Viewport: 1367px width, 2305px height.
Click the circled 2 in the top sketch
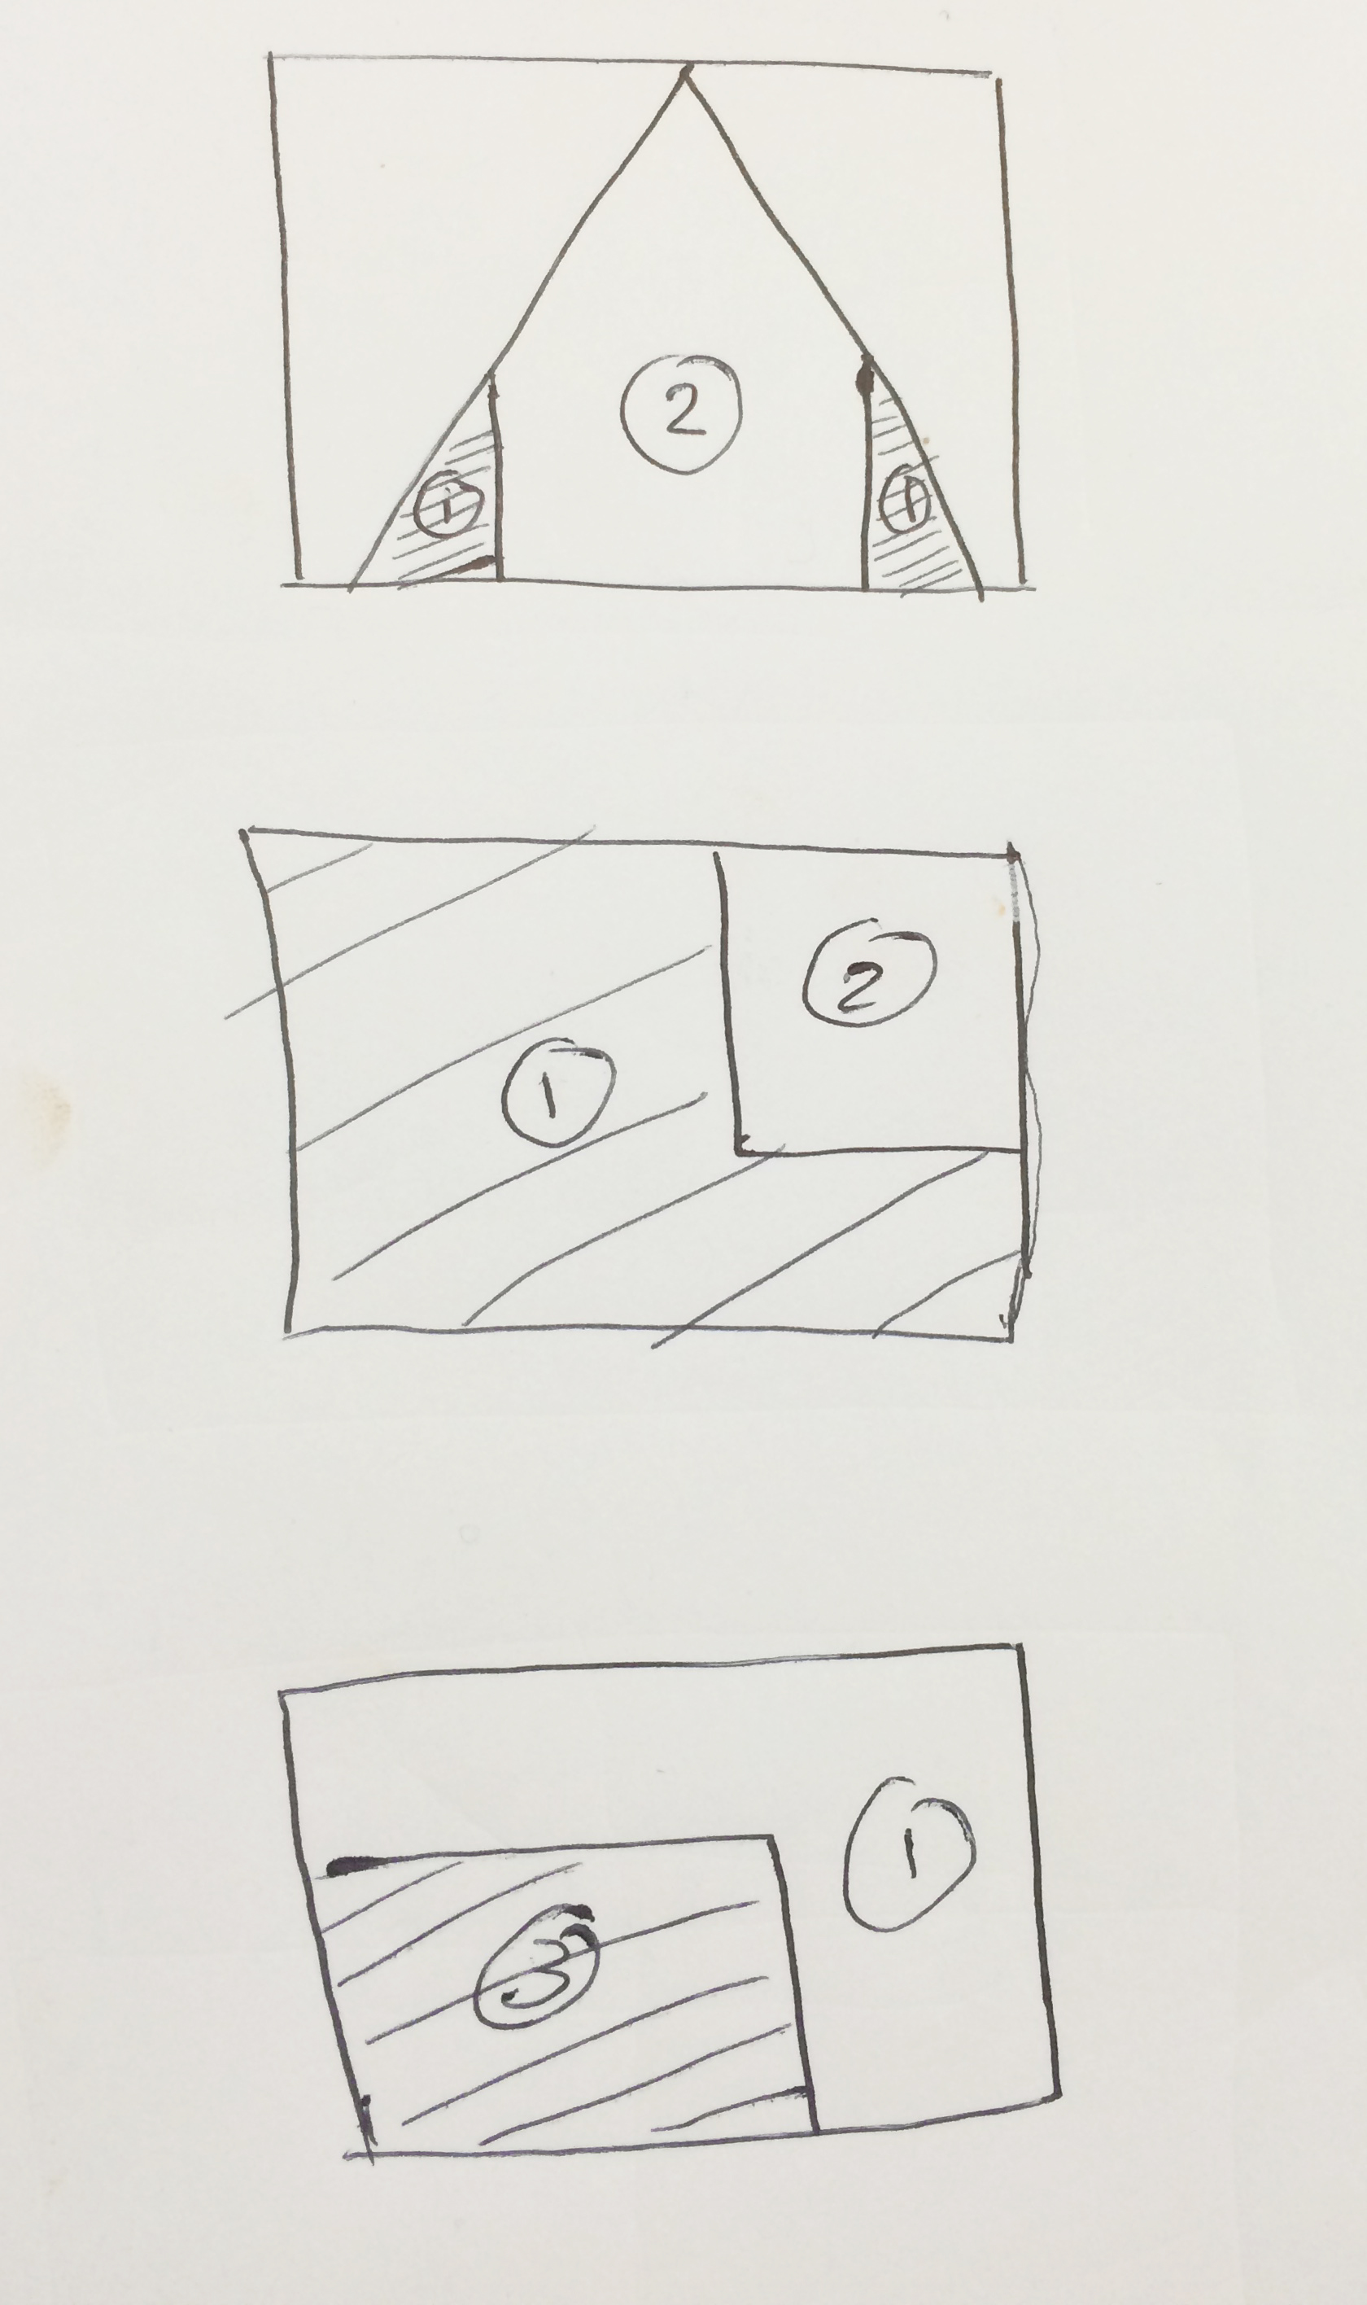tap(681, 414)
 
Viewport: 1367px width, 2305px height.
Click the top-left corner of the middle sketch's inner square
tap(718, 853)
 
